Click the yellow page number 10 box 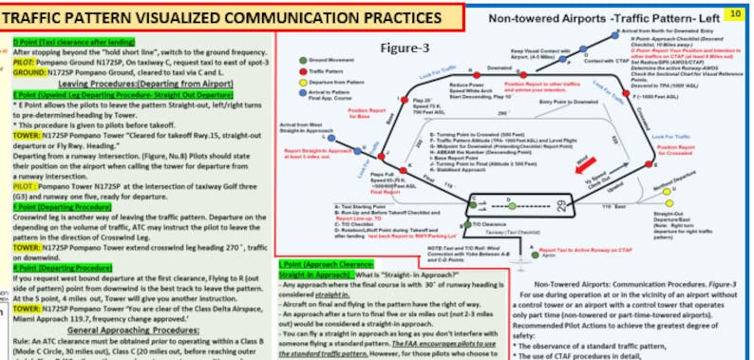tap(735, 12)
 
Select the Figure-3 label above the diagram tap(406, 47)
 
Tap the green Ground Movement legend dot tap(301, 60)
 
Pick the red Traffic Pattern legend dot tap(301, 70)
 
